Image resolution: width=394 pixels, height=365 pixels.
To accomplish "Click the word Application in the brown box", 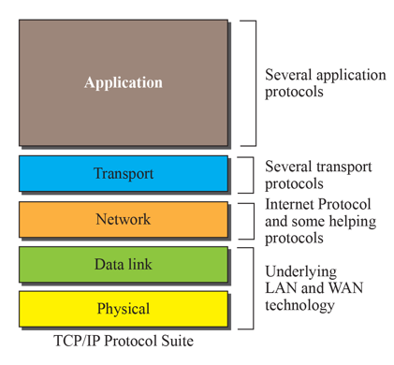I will point(123,82).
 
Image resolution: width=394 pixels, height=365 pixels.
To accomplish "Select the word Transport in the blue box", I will point(123,173).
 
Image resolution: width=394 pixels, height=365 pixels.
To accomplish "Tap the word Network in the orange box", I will point(123,219).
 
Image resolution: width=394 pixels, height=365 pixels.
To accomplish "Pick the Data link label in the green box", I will point(123,264).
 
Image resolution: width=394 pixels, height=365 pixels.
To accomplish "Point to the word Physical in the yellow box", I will point(123,308).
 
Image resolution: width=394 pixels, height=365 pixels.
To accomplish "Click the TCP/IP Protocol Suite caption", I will point(124,341).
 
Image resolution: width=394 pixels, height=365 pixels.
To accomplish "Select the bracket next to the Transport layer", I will point(250,174).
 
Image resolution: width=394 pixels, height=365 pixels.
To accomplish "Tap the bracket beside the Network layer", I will point(250,220).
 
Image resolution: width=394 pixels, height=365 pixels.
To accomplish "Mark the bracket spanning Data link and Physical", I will point(250,286).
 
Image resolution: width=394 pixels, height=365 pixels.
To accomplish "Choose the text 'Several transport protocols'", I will point(317,174).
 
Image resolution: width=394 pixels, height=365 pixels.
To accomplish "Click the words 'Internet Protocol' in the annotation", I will point(317,204).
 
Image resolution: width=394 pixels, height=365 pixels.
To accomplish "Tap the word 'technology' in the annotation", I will point(300,305).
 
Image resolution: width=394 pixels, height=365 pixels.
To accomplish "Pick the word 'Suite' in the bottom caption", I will point(175,341).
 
